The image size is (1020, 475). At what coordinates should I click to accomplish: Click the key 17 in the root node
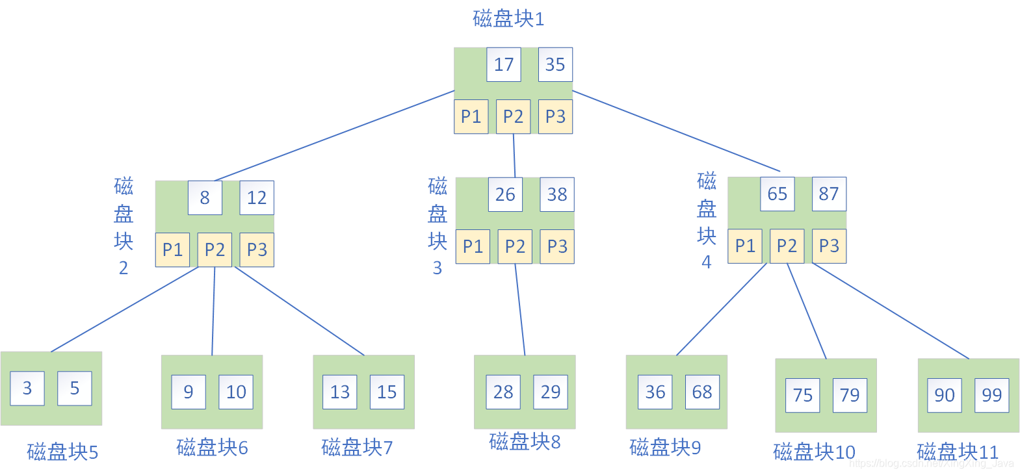click(504, 64)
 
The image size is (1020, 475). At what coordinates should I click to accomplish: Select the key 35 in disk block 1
click(555, 64)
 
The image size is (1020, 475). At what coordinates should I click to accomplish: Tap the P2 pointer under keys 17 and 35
click(513, 116)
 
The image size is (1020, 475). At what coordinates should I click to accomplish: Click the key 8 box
click(205, 198)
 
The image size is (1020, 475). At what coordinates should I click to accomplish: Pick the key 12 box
click(257, 198)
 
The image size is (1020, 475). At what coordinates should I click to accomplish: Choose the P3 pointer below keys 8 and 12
click(257, 250)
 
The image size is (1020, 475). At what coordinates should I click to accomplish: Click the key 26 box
click(505, 194)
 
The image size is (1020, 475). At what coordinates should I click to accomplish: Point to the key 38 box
click(557, 194)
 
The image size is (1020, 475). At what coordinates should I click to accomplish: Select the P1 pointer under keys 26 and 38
click(473, 247)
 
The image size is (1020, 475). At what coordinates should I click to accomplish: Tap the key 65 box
click(778, 194)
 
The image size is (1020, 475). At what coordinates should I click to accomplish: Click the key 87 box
click(829, 194)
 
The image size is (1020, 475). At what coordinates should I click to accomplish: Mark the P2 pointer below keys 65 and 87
click(787, 246)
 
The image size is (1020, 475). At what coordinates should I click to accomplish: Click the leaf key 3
click(27, 388)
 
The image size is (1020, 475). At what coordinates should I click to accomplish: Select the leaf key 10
click(236, 392)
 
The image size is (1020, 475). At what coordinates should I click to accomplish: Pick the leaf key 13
click(340, 392)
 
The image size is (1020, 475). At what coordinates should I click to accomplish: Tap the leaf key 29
click(551, 392)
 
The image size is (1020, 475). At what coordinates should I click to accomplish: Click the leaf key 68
click(702, 392)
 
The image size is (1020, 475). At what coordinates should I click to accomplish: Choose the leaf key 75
click(803, 395)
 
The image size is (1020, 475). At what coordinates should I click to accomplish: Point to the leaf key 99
click(992, 395)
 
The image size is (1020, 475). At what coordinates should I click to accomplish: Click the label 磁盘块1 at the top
click(508, 18)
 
